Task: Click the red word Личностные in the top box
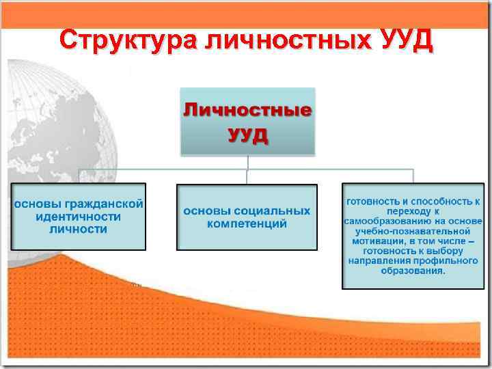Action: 247,110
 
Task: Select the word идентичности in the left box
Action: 79,216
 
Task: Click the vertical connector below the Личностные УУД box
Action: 247,161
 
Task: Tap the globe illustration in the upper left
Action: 61,116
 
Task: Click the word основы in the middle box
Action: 204,210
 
